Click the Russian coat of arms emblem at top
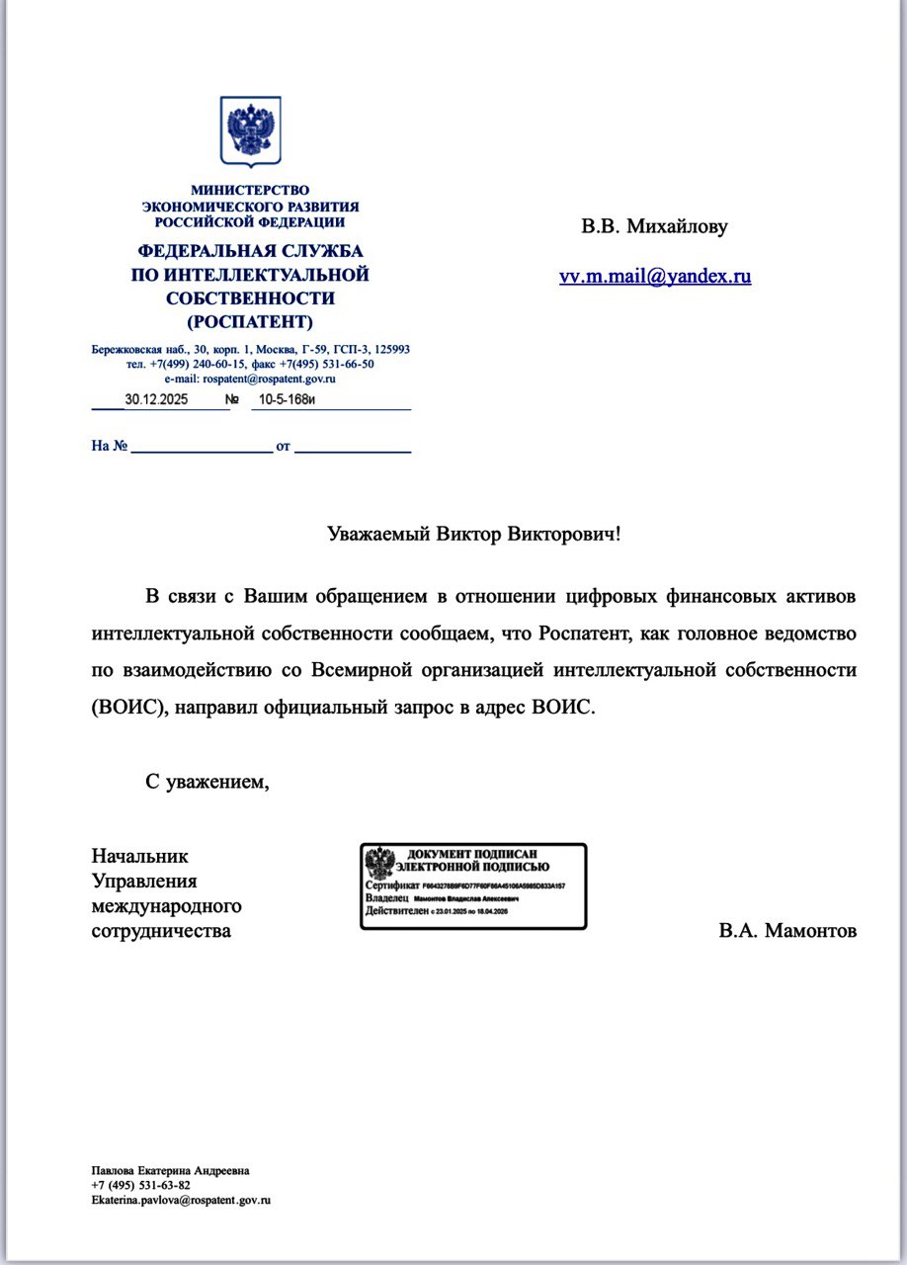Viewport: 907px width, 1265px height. pos(250,130)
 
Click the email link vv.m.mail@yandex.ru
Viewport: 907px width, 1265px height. pos(655,277)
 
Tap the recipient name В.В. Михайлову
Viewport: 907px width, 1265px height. pos(654,227)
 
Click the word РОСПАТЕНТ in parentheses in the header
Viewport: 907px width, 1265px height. pos(250,321)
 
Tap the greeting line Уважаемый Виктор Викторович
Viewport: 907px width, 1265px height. pos(474,535)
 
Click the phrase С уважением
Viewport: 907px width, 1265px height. pos(207,782)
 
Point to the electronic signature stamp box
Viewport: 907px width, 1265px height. pos(472,886)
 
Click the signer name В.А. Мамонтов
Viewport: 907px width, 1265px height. pos(787,931)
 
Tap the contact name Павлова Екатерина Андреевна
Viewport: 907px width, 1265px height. pos(170,1170)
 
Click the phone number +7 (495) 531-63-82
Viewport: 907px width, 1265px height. pos(140,1185)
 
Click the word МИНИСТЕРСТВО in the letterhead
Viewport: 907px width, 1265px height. pos(250,190)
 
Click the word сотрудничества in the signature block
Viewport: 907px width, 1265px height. pos(161,931)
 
